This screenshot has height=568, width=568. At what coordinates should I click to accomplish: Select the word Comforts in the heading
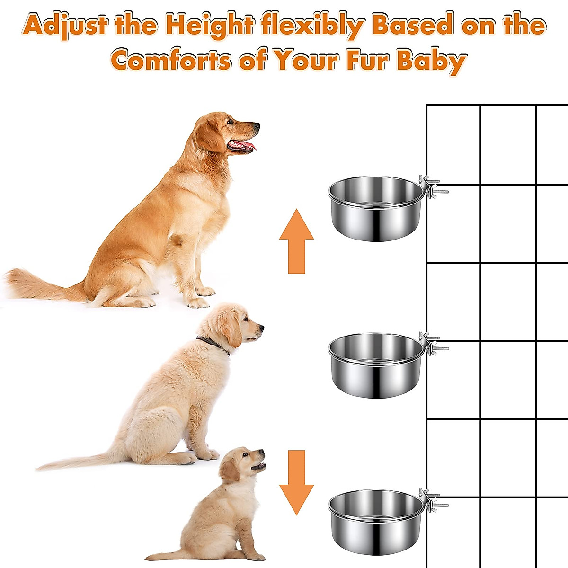coord(171,60)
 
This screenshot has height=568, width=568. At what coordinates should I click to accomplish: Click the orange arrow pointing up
coord(296,241)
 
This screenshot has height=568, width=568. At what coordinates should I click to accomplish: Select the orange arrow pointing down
coord(296,482)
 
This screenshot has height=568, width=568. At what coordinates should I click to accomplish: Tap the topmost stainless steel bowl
coord(376,209)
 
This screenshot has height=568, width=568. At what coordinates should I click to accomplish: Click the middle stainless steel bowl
coord(376,365)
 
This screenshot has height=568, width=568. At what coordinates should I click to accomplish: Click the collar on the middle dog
coord(213,344)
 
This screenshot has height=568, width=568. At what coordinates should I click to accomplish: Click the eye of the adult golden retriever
coord(231,121)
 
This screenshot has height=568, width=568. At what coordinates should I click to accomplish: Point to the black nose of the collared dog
coord(261,327)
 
